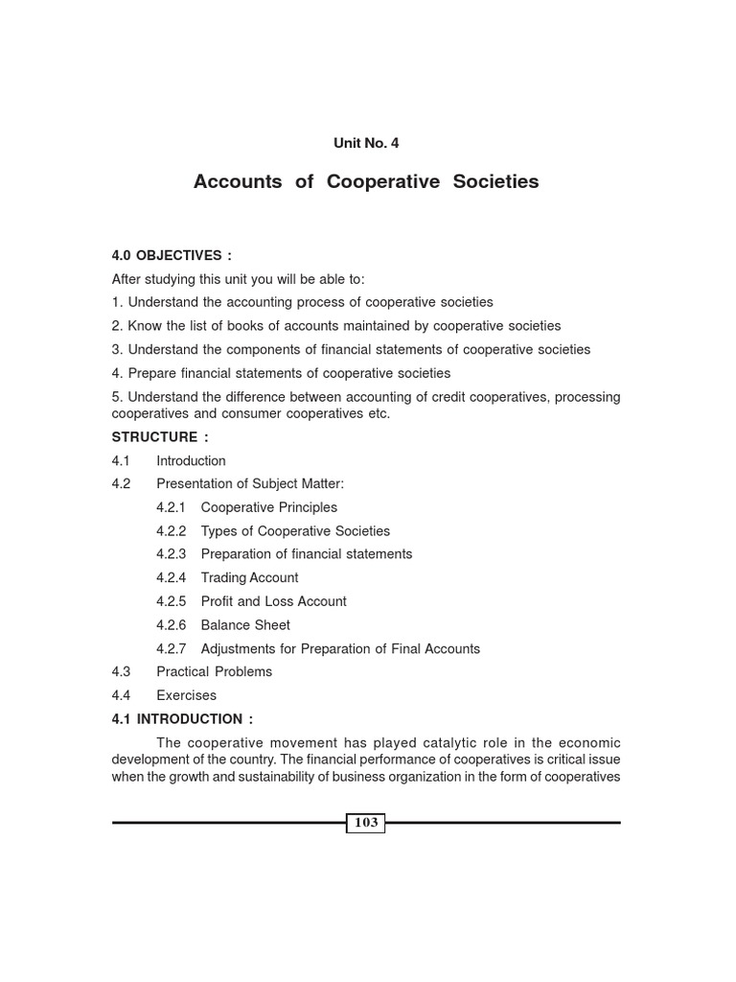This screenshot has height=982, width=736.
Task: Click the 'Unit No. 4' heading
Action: pyautogui.click(x=366, y=143)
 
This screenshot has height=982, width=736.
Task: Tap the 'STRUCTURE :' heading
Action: pyautogui.click(x=160, y=437)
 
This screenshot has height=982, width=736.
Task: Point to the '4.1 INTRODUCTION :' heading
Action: pyautogui.click(x=182, y=719)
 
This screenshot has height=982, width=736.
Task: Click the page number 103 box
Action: pyautogui.click(x=366, y=823)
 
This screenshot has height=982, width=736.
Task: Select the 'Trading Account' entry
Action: pyautogui.click(x=249, y=578)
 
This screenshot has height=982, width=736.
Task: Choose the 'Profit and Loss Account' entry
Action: pyautogui.click(x=273, y=601)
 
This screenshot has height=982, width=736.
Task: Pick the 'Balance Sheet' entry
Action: pyautogui.click(x=245, y=625)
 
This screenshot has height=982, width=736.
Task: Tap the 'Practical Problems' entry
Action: pyautogui.click(x=214, y=672)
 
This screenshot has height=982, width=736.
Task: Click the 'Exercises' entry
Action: pyautogui.click(x=186, y=695)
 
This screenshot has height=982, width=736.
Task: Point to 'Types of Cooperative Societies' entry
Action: pyautogui.click(x=295, y=531)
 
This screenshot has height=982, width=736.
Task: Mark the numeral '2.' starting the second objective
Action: pyautogui.click(x=118, y=326)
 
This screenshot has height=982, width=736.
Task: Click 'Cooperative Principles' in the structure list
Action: pyautogui.click(x=268, y=507)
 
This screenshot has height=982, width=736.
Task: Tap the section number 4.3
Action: pyautogui.click(x=121, y=672)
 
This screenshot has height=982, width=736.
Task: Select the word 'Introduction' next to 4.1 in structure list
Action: pyautogui.click(x=191, y=461)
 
